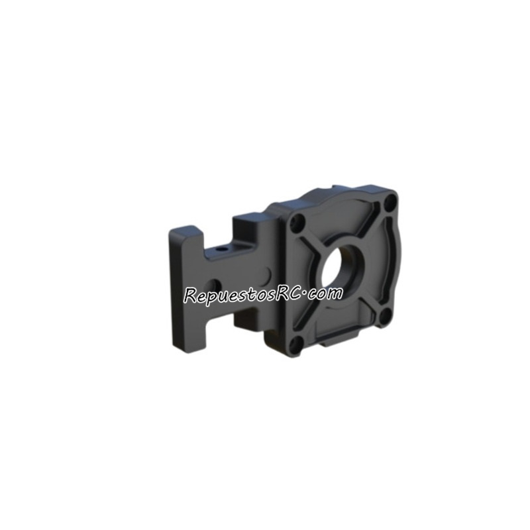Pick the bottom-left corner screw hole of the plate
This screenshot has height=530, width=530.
pyautogui.click(x=297, y=343)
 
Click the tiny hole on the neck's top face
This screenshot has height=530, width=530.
pyautogui.click(x=220, y=251)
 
